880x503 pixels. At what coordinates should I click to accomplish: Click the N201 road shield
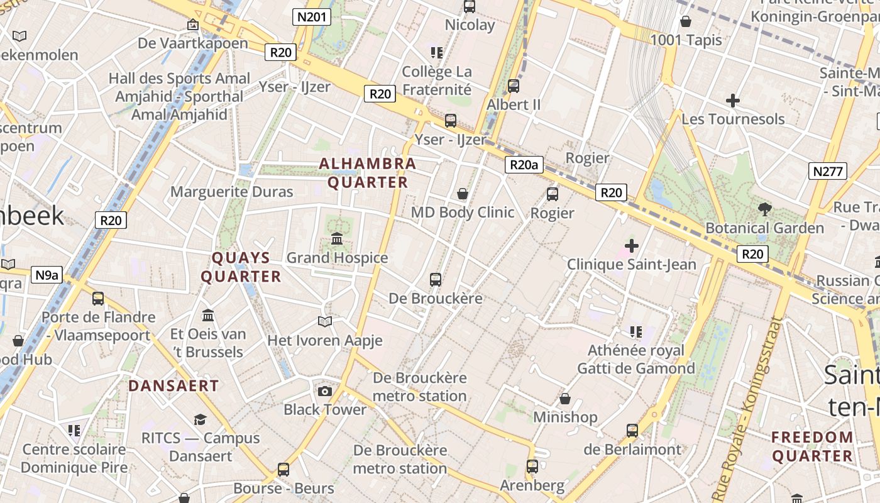coord(312,17)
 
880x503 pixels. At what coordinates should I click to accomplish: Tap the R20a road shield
coord(524,165)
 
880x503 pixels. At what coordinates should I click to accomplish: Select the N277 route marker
coord(829,171)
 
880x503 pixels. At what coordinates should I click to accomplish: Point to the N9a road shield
coord(47,275)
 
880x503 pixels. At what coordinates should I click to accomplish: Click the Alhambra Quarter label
coord(368,173)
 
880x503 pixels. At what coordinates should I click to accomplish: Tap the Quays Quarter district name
coord(241,267)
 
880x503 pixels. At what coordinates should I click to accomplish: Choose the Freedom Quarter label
coord(812,446)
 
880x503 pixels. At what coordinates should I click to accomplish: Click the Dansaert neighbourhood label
coord(173,386)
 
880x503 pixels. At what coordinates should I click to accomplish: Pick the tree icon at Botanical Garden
coord(765,209)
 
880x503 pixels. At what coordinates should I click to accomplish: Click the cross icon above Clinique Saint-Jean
coord(632,246)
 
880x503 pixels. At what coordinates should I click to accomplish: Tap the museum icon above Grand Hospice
coord(337,239)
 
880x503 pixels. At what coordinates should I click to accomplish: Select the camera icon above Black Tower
coord(324,392)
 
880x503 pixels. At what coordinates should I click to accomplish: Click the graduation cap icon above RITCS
coord(200,419)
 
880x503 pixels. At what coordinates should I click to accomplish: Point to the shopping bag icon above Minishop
coord(565,399)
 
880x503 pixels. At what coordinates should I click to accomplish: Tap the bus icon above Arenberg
coord(532,467)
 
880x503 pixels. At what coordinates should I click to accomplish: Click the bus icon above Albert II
coord(514,86)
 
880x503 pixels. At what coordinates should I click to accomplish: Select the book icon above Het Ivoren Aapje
coord(324,322)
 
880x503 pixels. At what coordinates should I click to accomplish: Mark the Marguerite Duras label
coord(232,192)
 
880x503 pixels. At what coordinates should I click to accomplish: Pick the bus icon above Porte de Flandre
coord(98,298)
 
